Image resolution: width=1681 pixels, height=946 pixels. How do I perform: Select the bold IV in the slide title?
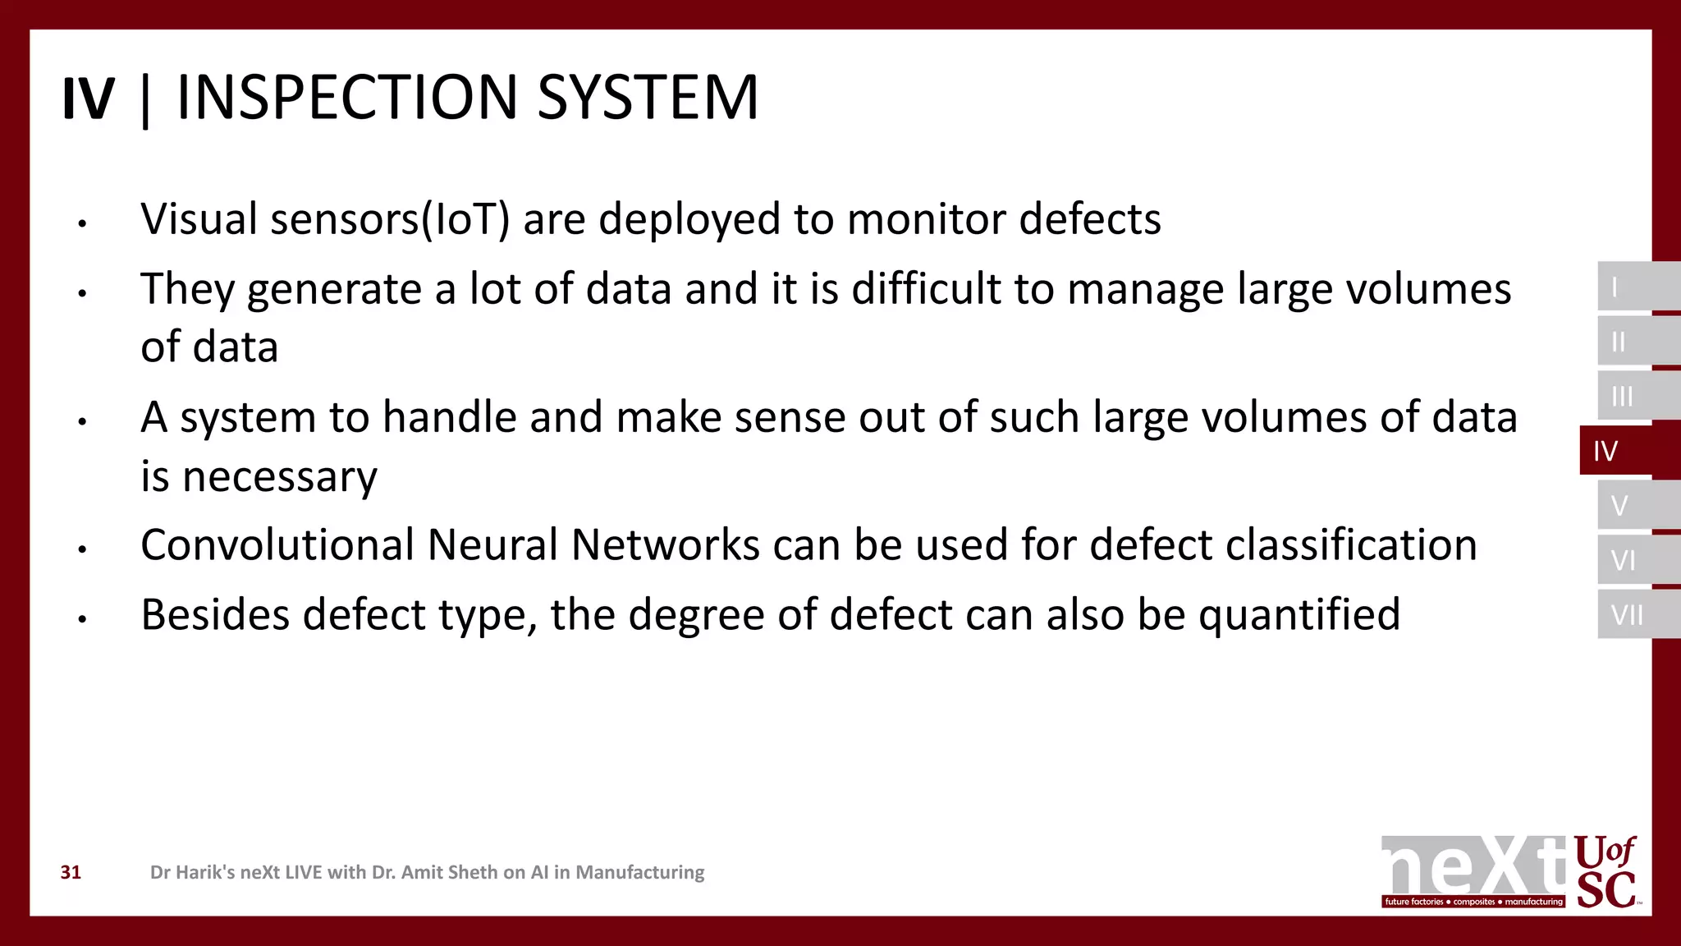point(88,99)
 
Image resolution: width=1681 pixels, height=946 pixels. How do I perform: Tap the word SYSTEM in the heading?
point(648,98)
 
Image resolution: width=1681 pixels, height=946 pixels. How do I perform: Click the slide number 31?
point(71,872)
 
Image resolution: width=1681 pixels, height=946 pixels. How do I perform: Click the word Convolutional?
point(277,545)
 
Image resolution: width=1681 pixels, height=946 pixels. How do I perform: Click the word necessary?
point(279,477)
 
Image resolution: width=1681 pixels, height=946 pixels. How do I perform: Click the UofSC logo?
point(1606,872)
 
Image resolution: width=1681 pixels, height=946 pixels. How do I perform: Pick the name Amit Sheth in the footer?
point(449,872)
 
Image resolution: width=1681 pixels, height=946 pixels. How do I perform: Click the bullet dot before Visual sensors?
point(82,223)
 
